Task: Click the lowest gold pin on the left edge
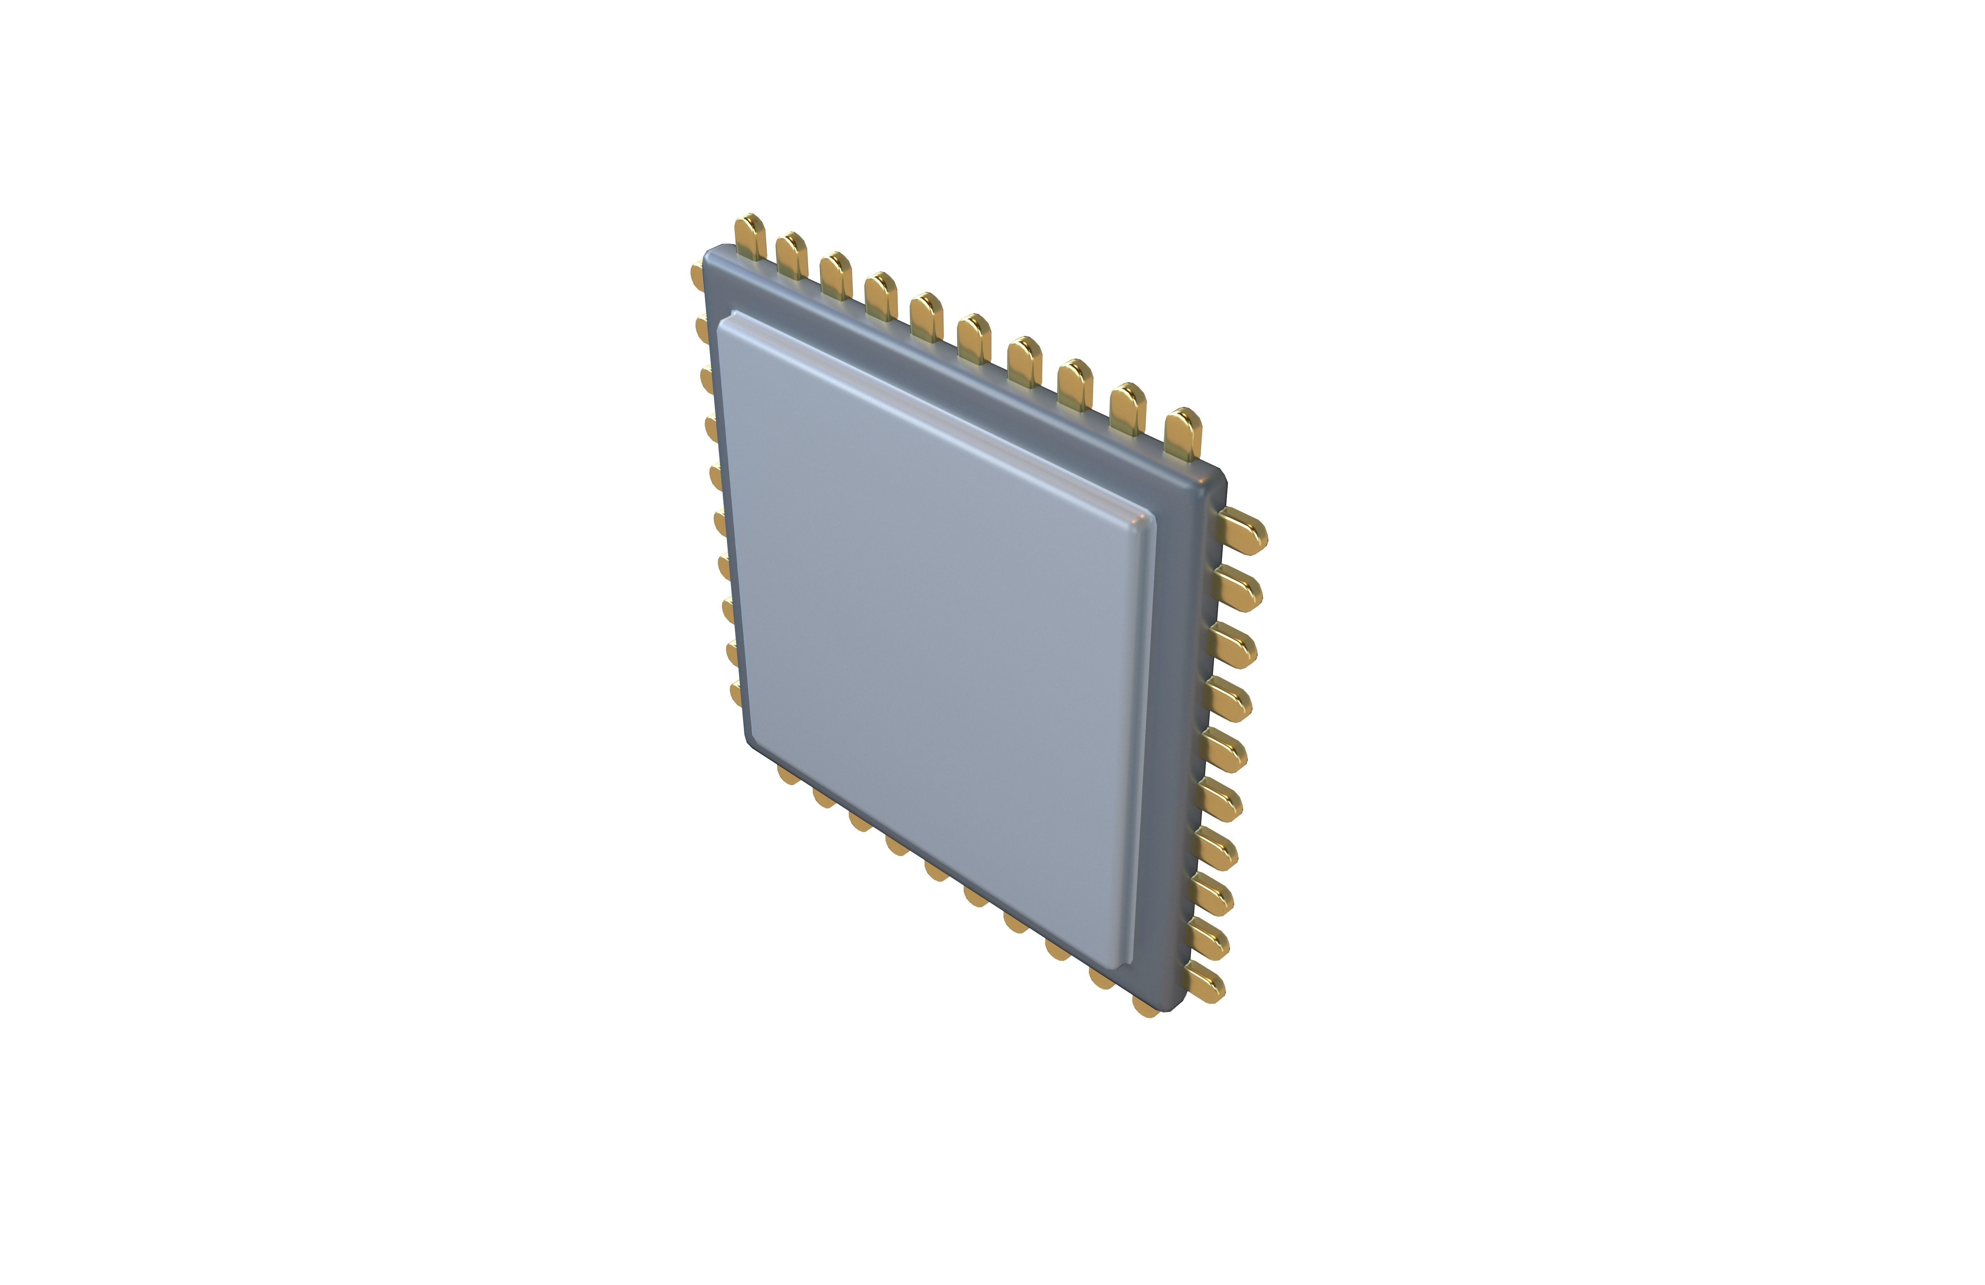coord(736,693)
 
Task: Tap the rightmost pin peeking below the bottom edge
coord(1145,1008)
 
